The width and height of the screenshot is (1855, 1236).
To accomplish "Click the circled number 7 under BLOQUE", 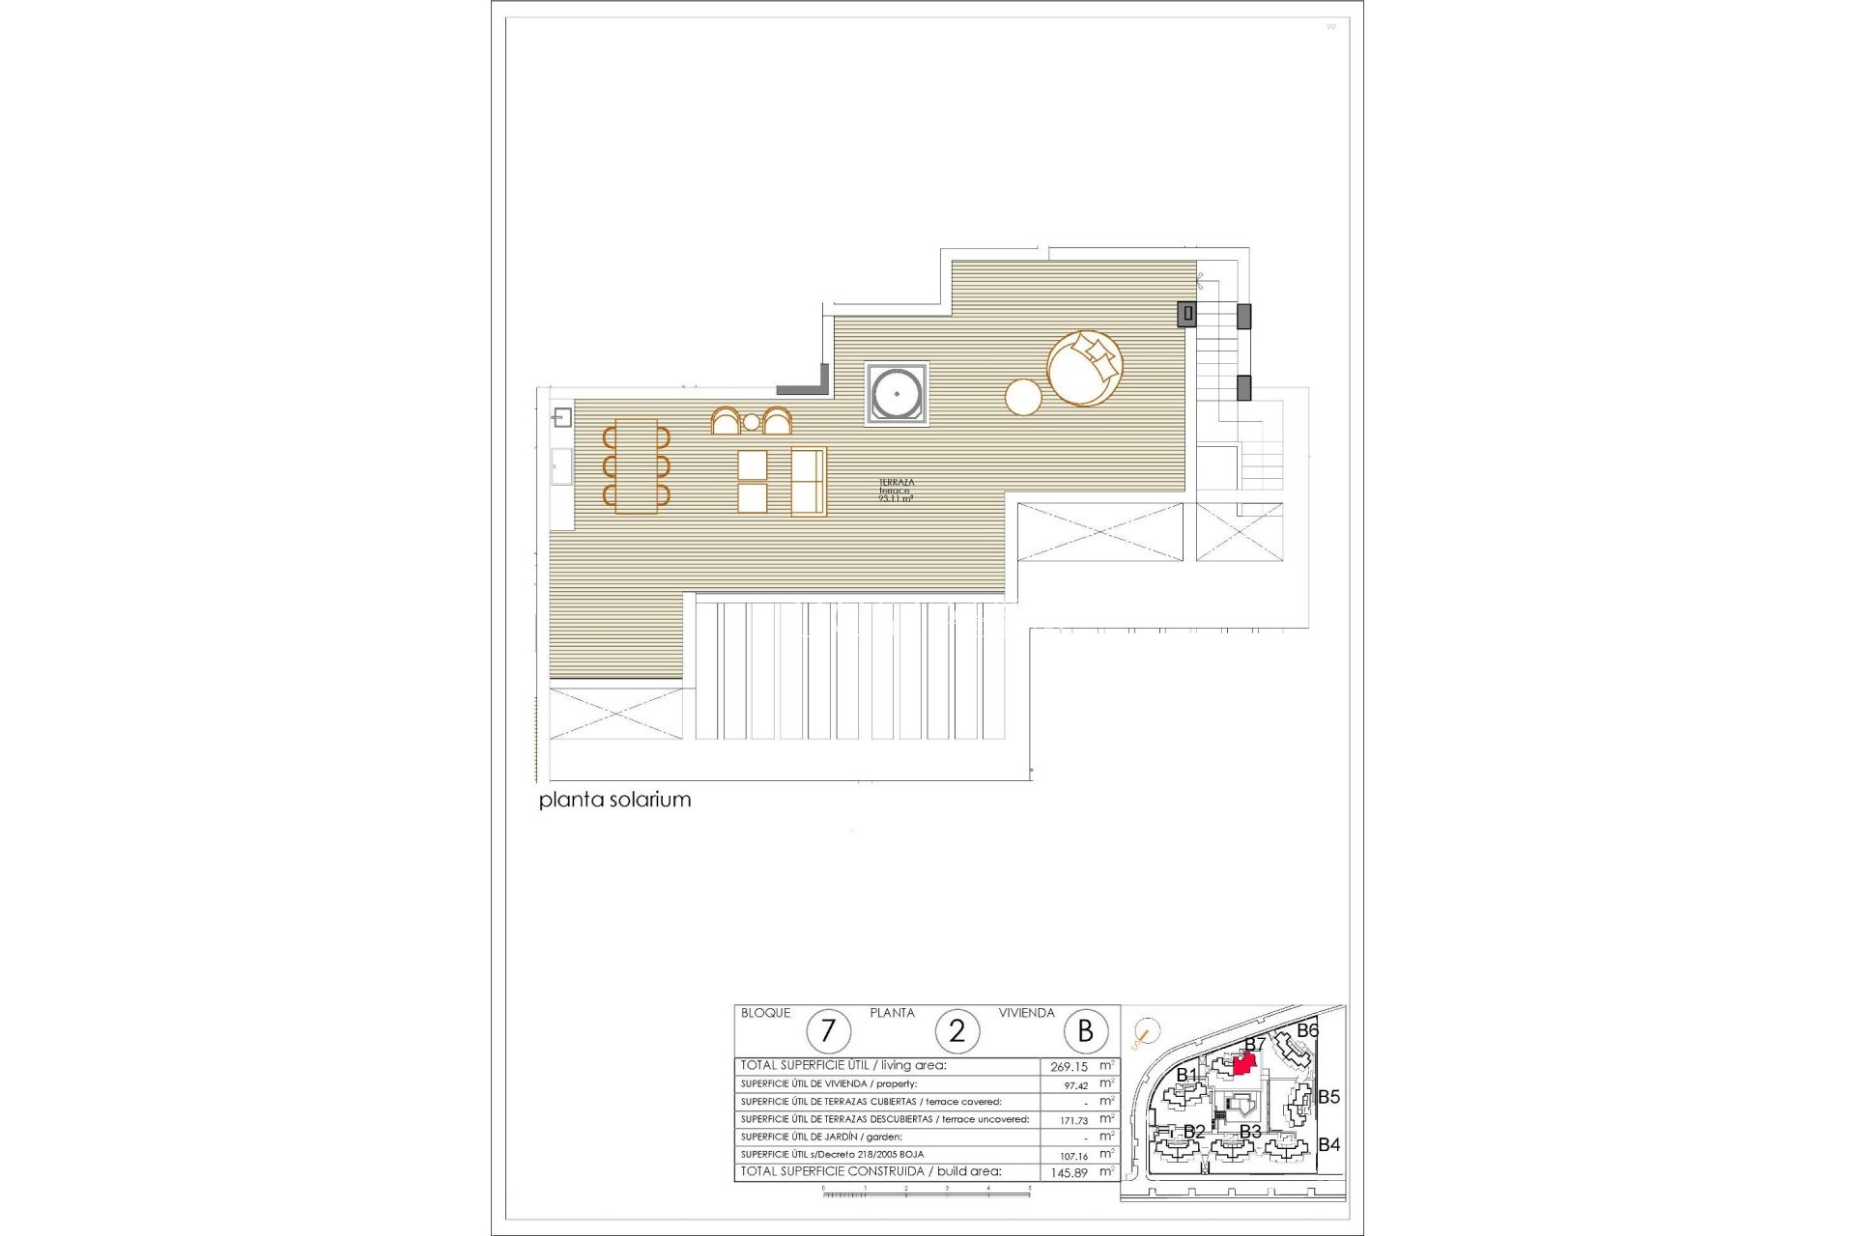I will pyautogui.click(x=828, y=1031).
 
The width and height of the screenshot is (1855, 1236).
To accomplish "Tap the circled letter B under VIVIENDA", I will pyautogui.click(x=1085, y=1031).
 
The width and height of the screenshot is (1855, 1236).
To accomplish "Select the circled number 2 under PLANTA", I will pyautogui.click(x=956, y=1031).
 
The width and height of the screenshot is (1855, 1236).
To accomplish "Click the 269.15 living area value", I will pyautogui.click(x=1069, y=1067).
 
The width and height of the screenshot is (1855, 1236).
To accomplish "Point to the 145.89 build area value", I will pyautogui.click(x=1069, y=1173).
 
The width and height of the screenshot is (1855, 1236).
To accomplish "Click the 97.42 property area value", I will pyautogui.click(x=1075, y=1085).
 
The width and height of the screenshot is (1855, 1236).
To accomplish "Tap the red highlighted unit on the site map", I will pyautogui.click(x=1244, y=1064).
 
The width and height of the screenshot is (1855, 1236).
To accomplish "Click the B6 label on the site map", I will pyautogui.click(x=1307, y=1030).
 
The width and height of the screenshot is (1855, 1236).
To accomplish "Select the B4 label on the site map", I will pyautogui.click(x=1329, y=1144).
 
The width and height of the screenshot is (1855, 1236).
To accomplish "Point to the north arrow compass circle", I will pyautogui.click(x=1146, y=1033).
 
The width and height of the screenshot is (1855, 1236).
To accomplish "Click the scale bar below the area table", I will pyautogui.click(x=926, y=1194).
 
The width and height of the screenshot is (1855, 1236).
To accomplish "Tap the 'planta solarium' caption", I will pyautogui.click(x=614, y=800).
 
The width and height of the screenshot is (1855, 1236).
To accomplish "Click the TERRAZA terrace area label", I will pyautogui.click(x=896, y=490).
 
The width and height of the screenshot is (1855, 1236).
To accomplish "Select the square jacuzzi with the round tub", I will pyautogui.click(x=897, y=394).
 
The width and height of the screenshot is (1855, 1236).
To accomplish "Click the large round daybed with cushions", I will pyautogui.click(x=1085, y=368).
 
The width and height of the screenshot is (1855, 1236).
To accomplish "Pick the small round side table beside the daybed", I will pyautogui.click(x=1023, y=397).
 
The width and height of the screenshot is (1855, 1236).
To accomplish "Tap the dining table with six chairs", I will pyautogui.click(x=636, y=466).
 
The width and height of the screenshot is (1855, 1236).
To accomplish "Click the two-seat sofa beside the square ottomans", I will pyautogui.click(x=809, y=481).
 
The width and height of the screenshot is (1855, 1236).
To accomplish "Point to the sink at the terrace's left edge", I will pyautogui.click(x=562, y=418).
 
